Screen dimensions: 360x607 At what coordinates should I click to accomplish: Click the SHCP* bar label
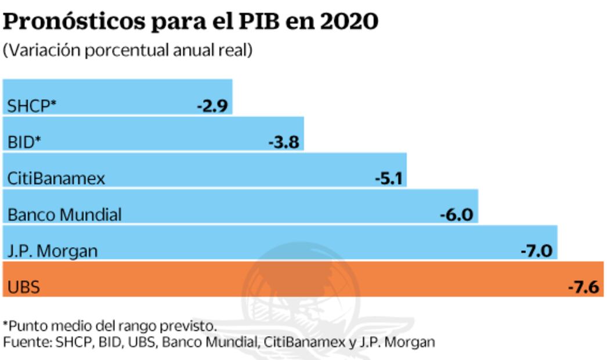(x=32, y=106)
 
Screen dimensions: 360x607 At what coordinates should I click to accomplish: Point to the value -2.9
(x=213, y=106)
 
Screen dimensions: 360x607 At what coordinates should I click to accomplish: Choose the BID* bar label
(x=24, y=142)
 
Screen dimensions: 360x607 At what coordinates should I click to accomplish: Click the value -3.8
(x=284, y=142)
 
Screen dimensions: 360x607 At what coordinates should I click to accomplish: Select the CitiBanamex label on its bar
(x=56, y=178)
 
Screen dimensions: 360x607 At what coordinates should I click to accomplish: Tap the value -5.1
(x=388, y=178)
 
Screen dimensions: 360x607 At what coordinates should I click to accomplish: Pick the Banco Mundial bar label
(x=64, y=215)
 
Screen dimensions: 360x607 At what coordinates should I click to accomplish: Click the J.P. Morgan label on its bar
(x=52, y=251)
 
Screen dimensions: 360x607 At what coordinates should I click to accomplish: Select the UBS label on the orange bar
(x=24, y=287)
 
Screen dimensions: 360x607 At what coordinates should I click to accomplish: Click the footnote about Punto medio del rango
(x=110, y=325)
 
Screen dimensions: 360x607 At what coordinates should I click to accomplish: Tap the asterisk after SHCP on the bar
(x=53, y=104)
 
